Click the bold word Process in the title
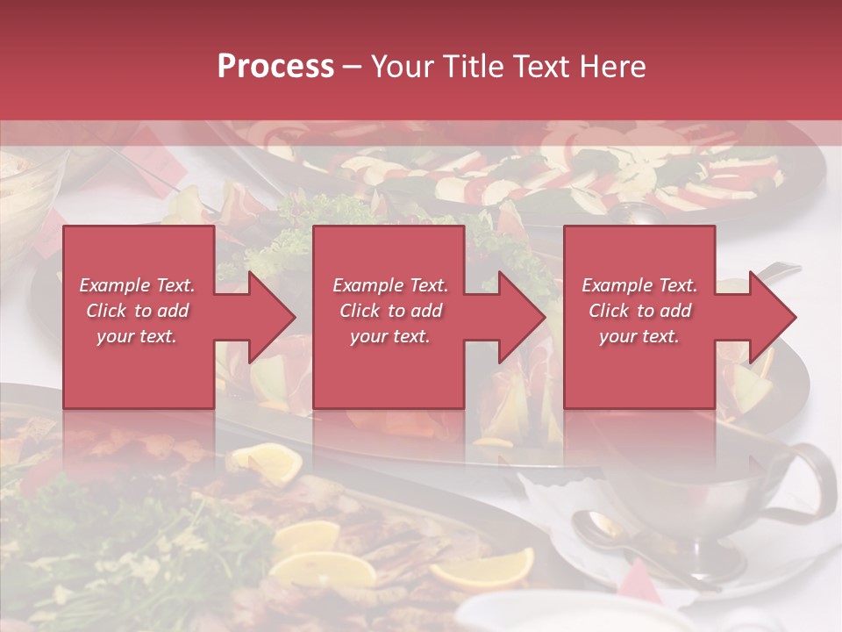pyautogui.click(x=275, y=67)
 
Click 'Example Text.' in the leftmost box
pyautogui.click(x=137, y=285)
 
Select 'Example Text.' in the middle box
pyautogui.click(x=390, y=285)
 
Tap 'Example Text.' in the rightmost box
pyautogui.click(x=639, y=285)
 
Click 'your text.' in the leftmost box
pyautogui.click(x=137, y=336)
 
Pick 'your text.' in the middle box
pyautogui.click(x=390, y=336)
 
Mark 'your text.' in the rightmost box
pyautogui.click(x=639, y=336)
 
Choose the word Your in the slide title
pyautogui.click(x=399, y=67)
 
